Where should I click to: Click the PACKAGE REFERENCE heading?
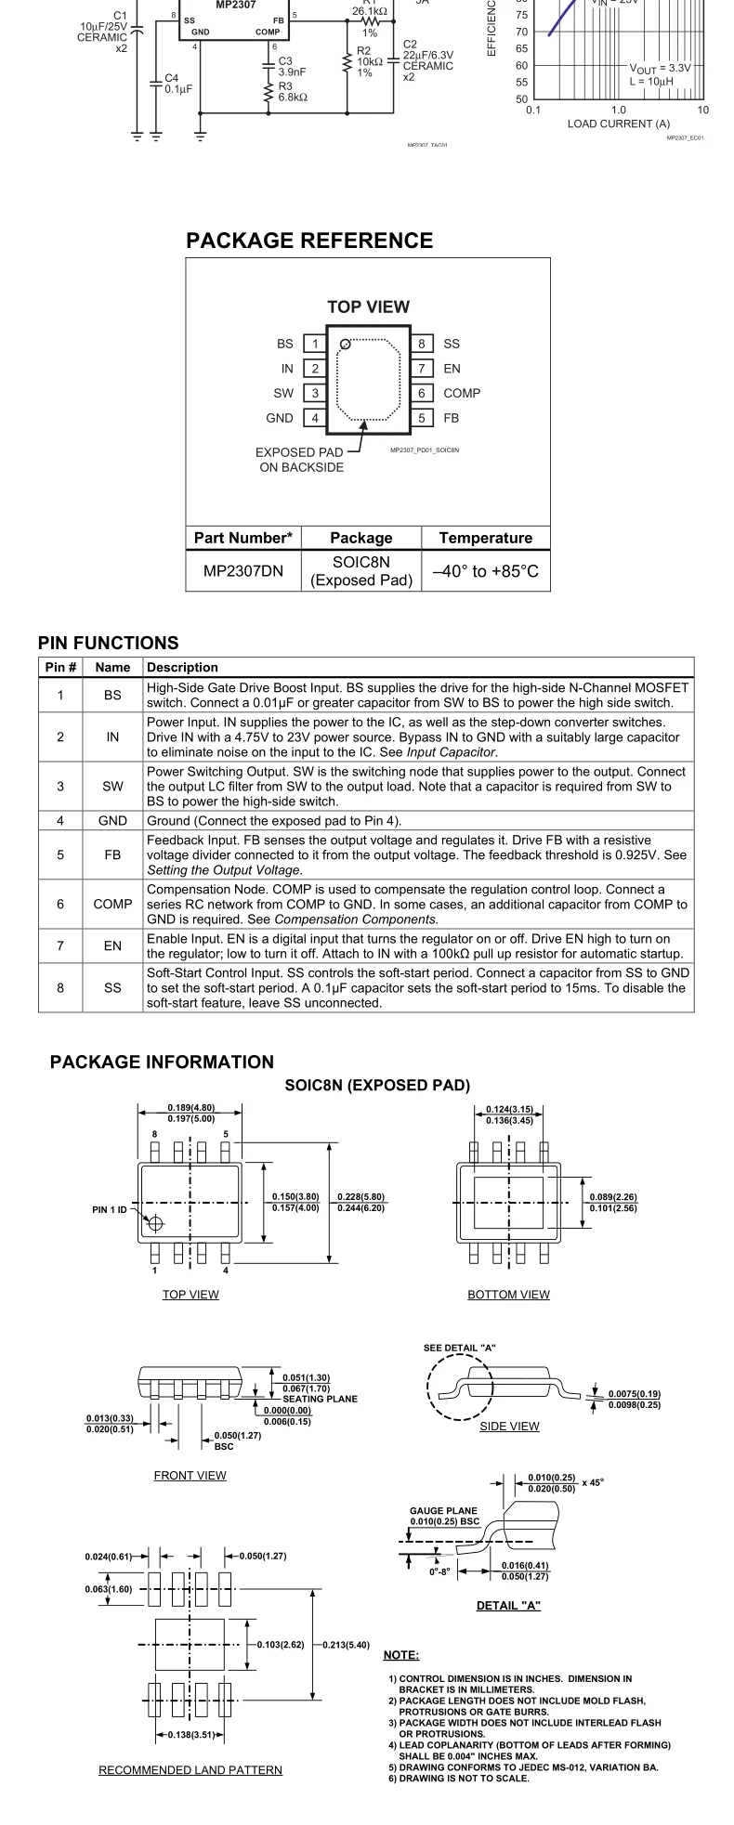[x=309, y=241]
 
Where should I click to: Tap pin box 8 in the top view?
[x=422, y=344]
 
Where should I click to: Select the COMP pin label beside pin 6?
[x=462, y=393]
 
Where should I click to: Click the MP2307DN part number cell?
[x=243, y=571]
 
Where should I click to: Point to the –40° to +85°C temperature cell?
[x=485, y=571]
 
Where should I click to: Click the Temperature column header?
[x=485, y=538]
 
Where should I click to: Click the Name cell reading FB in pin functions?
[x=112, y=854]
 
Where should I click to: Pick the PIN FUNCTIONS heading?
[x=108, y=643]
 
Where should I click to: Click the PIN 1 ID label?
[x=109, y=1209]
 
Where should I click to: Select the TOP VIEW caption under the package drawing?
[x=190, y=1295]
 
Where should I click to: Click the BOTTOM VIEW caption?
[x=508, y=1295]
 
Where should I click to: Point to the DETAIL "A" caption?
[x=508, y=1606]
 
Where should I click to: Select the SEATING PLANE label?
[x=320, y=1399]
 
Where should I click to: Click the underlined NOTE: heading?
[x=400, y=1655]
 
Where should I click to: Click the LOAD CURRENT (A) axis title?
[x=618, y=124]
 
